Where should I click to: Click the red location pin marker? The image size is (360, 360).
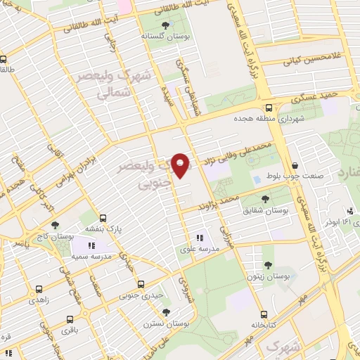(x=181, y=165)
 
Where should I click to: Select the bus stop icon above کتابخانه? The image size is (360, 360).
(x=263, y=314)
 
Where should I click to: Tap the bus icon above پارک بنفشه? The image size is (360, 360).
(x=103, y=217)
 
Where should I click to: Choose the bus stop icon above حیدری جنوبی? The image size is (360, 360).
(x=141, y=285)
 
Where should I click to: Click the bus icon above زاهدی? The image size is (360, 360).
(x=38, y=288)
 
